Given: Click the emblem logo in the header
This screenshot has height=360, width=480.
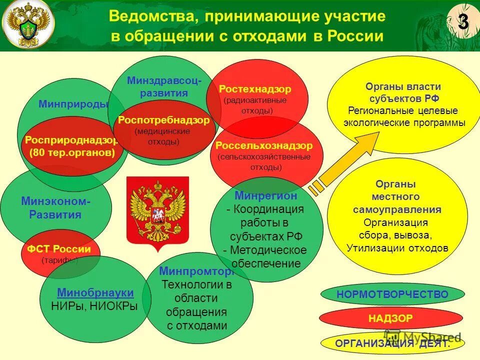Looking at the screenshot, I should click(x=28, y=25).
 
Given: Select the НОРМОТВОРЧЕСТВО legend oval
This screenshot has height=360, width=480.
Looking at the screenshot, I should click(x=392, y=294).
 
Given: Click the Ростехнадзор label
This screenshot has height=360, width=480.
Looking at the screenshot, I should click(x=255, y=89).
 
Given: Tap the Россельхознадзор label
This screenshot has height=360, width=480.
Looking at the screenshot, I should click(x=264, y=145).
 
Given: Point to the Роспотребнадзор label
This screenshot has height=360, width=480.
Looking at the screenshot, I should click(x=163, y=120).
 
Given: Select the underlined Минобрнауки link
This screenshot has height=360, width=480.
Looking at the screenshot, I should click(x=95, y=293).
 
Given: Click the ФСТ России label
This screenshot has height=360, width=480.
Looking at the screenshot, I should click(x=59, y=249).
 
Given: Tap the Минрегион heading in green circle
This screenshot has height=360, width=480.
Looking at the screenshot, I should click(x=265, y=195).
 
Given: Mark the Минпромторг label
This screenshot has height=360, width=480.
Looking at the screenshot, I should click(x=196, y=271).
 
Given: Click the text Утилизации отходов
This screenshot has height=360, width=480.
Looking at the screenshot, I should click(x=397, y=247).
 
